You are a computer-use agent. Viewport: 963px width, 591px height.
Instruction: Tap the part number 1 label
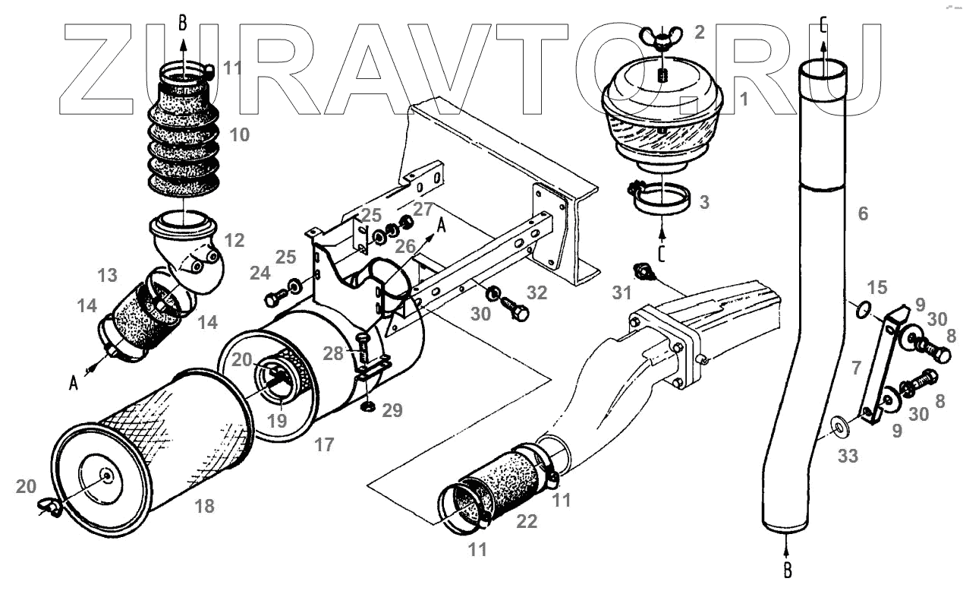[x=744, y=99]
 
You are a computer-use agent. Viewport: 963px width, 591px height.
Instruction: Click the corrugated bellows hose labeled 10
[x=183, y=144]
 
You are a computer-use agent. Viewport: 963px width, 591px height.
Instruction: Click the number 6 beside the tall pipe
[x=862, y=214]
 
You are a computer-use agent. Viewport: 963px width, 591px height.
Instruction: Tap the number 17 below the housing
[x=324, y=445]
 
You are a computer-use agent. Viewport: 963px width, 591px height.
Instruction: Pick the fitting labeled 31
[x=644, y=272]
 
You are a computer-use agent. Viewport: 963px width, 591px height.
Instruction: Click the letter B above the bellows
[x=182, y=24]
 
